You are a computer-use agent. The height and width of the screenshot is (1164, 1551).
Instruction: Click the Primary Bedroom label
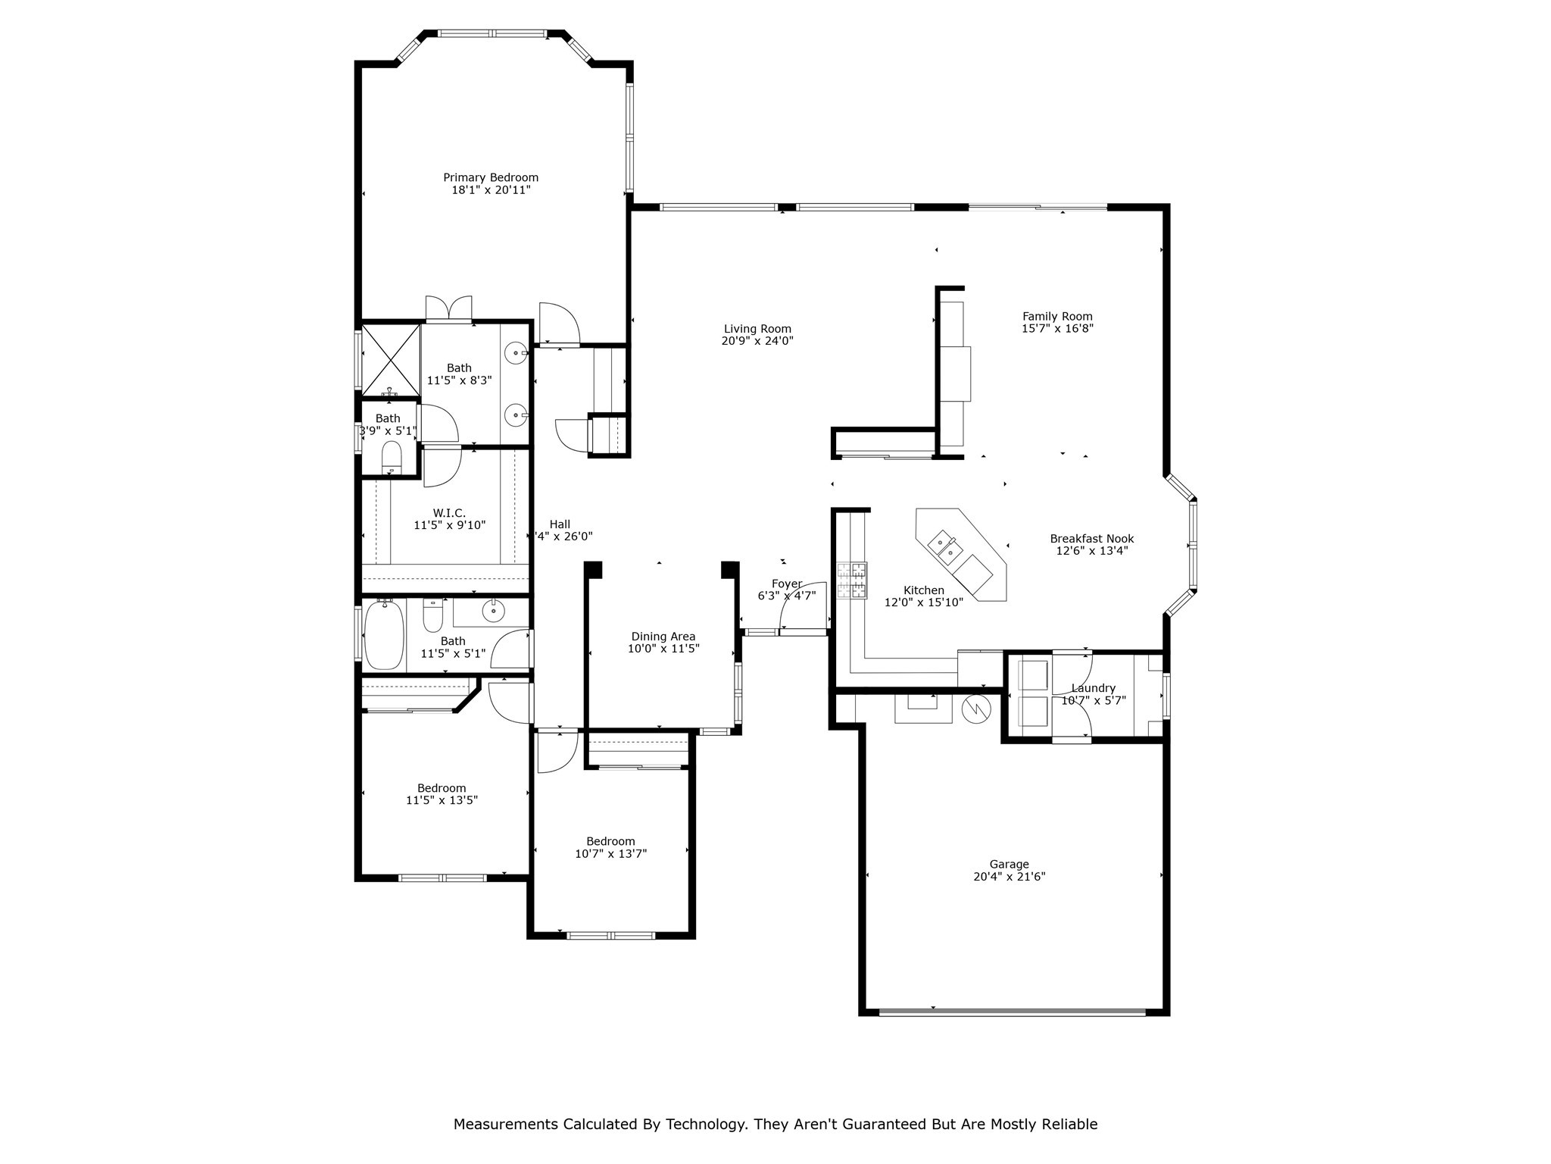point(491,177)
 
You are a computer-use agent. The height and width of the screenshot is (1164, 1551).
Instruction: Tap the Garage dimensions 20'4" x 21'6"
point(1009,877)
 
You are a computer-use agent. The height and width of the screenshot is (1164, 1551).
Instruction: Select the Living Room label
point(757,329)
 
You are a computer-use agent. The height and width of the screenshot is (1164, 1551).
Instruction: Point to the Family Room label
point(1057,317)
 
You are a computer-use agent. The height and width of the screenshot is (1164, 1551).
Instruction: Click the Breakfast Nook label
point(1091,539)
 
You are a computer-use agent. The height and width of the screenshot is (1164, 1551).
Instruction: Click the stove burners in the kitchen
point(852,581)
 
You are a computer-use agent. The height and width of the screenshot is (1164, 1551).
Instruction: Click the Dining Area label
point(663,637)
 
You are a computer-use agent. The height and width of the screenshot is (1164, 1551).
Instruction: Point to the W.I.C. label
point(449,513)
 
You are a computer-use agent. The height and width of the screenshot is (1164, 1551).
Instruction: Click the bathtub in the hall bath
point(384,634)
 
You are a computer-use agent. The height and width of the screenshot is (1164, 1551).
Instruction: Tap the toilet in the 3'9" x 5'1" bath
point(391,458)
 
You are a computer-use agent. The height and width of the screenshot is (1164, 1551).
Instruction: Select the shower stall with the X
point(391,360)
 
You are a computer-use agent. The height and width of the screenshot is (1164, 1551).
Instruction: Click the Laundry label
point(1093,688)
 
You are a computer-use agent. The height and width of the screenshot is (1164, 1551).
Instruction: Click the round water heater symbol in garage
point(976,709)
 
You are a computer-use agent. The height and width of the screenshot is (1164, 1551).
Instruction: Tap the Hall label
point(560,524)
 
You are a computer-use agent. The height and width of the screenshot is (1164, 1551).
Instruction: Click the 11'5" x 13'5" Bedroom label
point(442,788)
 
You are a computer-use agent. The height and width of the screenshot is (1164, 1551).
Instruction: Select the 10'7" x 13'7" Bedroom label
point(610,841)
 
